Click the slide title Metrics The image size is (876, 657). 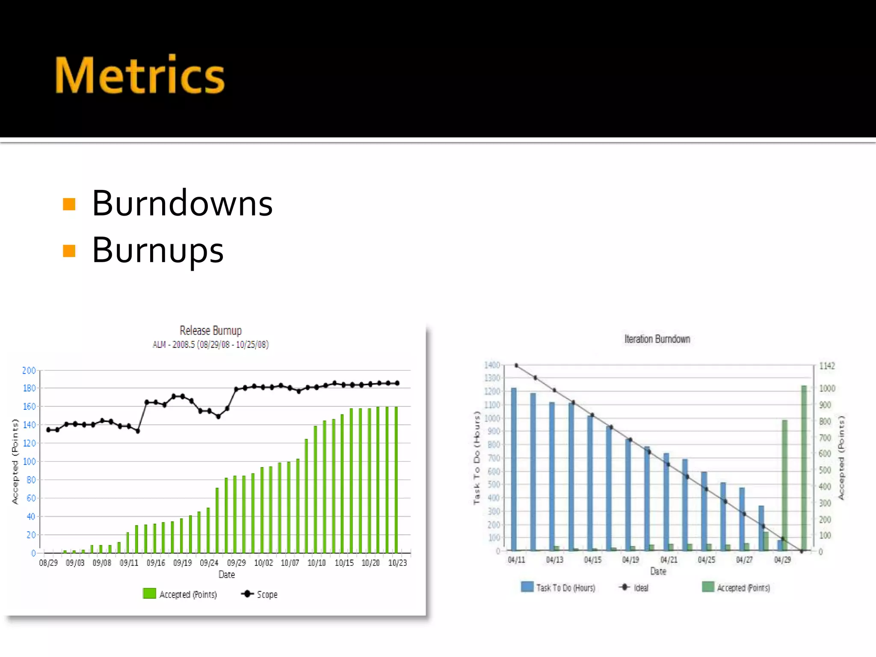point(139,75)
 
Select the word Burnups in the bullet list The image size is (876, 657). point(157,250)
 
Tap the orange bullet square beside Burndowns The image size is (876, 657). point(69,204)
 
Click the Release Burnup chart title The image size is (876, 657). point(210,331)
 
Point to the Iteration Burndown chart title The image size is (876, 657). point(657,339)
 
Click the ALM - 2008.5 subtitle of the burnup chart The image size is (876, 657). point(210,345)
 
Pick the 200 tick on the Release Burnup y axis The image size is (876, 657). point(29,370)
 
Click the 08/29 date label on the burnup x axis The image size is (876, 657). point(48,563)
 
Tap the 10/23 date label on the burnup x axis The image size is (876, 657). point(397,563)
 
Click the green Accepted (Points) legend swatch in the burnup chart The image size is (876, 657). point(149,594)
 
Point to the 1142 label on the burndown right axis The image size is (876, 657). point(827,366)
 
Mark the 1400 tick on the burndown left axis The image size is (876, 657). point(492,365)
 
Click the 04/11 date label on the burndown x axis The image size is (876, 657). point(516,560)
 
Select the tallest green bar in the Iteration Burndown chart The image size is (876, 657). point(804,468)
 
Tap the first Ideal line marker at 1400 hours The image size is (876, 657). point(517,366)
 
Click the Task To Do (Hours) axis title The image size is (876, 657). point(477,458)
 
